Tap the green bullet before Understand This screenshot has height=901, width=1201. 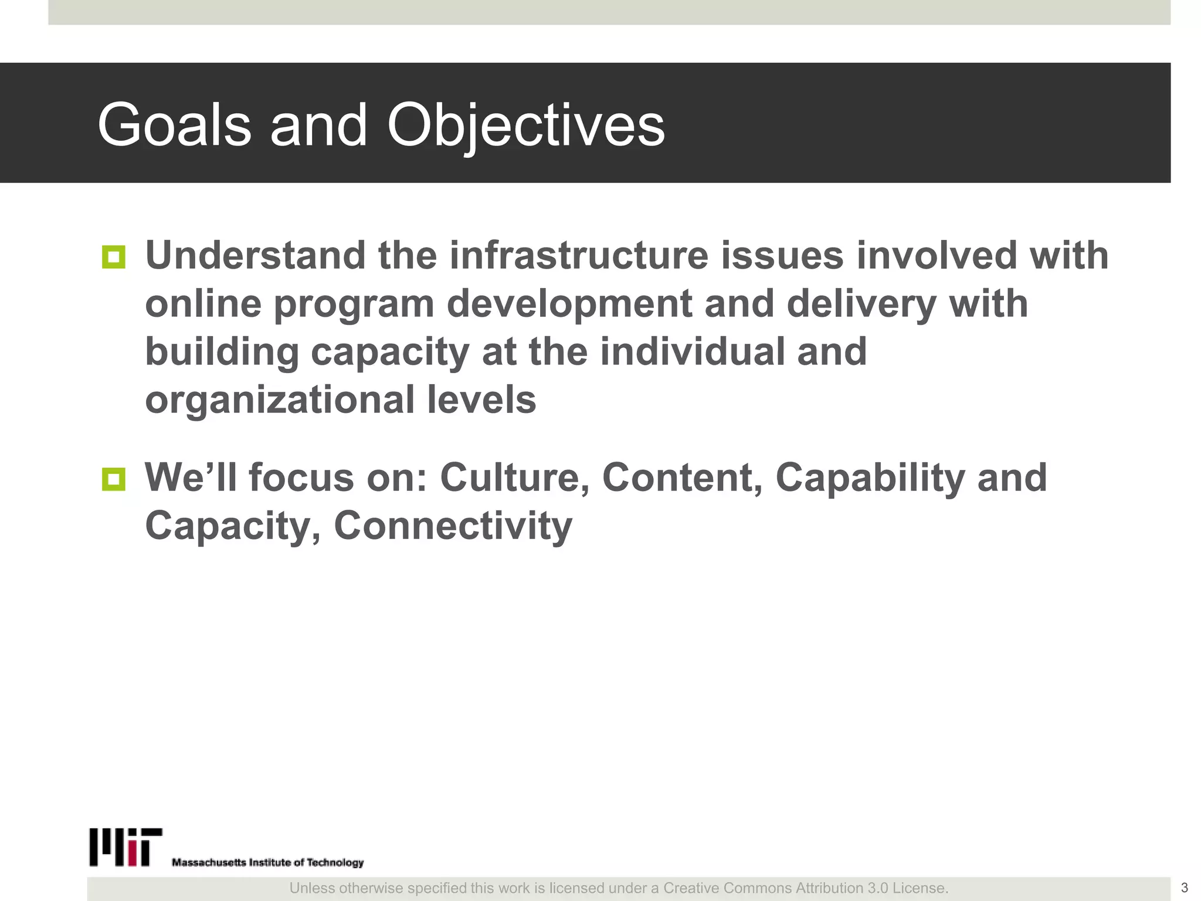tap(114, 257)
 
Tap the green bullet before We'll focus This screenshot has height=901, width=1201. tap(114, 479)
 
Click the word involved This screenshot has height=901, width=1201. tap(936, 256)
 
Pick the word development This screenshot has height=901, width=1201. tap(569, 304)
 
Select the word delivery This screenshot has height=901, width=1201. tap(861, 304)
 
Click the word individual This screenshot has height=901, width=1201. tap(692, 352)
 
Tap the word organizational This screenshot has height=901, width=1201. tap(280, 400)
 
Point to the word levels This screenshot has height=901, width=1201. tap(481, 400)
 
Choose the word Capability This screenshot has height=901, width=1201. tap(870, 477)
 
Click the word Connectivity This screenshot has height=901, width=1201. tap(453, 526)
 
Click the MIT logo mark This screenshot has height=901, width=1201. tap(125, 847)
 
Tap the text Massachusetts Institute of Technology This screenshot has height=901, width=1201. tap(267, 862)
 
